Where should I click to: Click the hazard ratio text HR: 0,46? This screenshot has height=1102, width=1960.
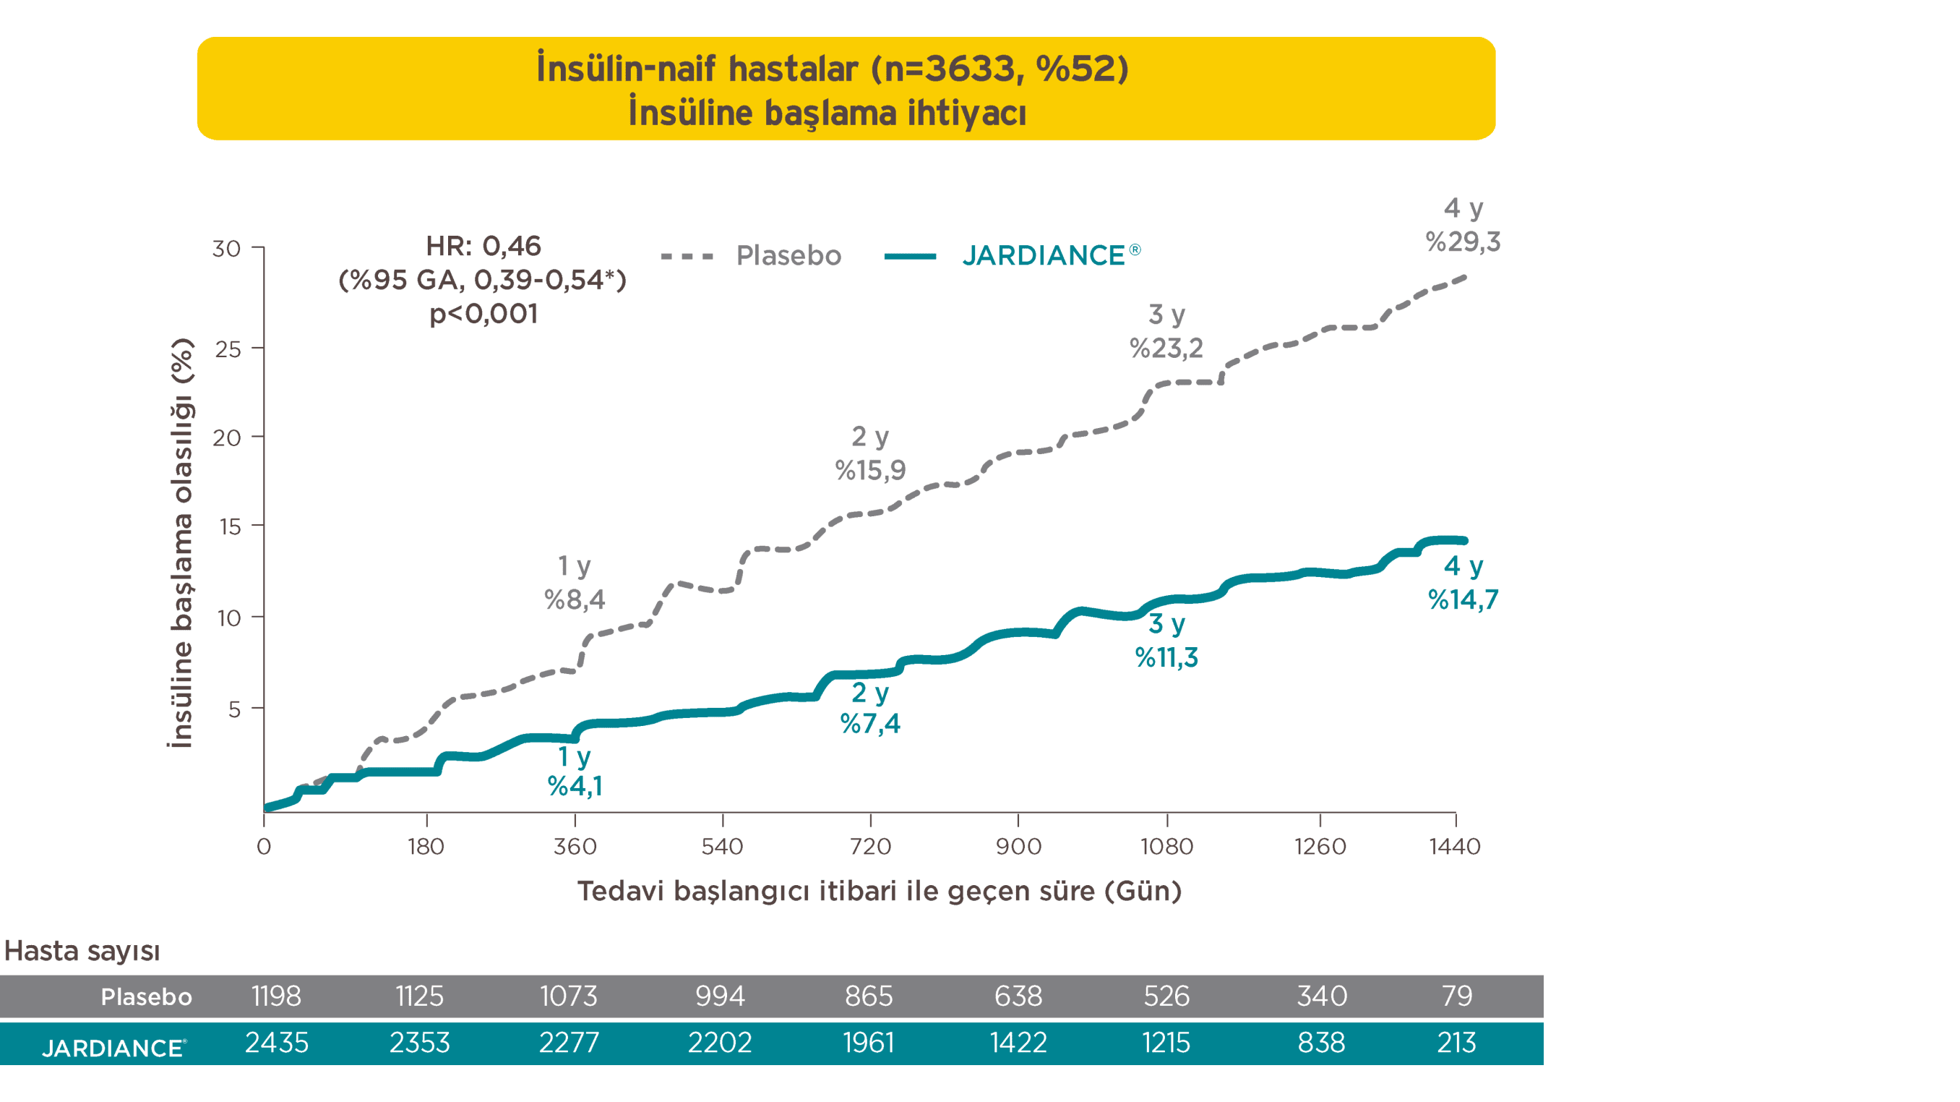tap(483, 246)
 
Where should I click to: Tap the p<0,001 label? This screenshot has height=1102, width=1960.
tap(483, 314)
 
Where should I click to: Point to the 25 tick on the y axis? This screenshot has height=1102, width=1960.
tap(228, 349)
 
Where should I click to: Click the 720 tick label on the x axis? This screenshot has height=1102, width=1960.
tap(869, 846)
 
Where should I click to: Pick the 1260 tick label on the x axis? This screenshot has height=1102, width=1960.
tap(1320, 846)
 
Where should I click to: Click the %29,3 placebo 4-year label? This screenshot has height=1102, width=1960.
tap(1462, 242)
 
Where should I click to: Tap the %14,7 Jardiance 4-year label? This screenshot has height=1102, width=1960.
tap(1462, 599)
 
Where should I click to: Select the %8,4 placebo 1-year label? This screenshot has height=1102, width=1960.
tap(575, 599)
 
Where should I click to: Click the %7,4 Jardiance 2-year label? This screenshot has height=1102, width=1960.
tap(869, 723)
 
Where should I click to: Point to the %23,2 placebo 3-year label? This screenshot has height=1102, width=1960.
tap(1166, 349)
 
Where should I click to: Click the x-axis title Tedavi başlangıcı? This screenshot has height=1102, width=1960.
tap(879, 890)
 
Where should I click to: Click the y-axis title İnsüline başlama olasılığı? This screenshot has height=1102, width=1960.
tap(181, 542)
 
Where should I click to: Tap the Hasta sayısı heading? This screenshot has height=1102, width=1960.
tap(82, 951)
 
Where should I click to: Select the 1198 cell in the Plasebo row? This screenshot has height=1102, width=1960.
tap(276, 996)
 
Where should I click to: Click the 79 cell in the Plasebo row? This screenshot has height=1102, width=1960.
tap(1456, 996)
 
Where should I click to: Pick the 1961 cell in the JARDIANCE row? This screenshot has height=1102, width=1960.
tap(868, 1043)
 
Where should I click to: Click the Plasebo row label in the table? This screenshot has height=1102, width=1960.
tap(146, 997)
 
